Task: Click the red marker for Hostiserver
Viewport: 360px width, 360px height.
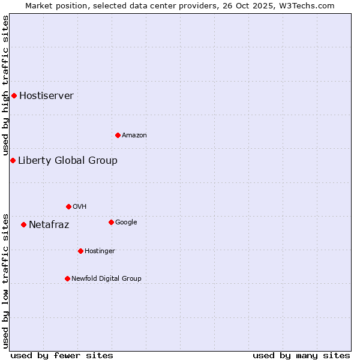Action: pyautogui.click(x=14, y=95)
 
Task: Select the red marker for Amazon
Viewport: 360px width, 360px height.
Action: pyautogui.click(x=118, y=135)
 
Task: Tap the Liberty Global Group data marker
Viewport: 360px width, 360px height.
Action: pyautogui.click(x=13, y=160)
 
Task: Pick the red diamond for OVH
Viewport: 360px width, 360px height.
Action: pyautogui.click(x=68, y=206)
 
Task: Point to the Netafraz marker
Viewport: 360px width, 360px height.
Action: pyautogui.click(x=23, y=224)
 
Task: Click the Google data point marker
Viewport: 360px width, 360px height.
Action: pyautogui.click(x=111, y=222)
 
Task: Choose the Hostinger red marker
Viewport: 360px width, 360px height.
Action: pyautogui.click(x=80, y=251)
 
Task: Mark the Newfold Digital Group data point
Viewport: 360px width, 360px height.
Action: pyautogui.click(x=67, y=278)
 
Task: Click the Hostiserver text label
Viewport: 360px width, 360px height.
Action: pyautogui.click(x=46, y=96)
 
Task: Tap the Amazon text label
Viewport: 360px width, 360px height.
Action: pyautogui.click(x=134, y=136)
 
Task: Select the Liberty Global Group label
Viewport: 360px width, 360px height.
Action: pyautogui.click(x=67, y=161)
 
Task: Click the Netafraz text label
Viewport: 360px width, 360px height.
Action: pyautogui.click(x=49, y=225)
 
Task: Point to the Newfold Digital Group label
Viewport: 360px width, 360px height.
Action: pyautogui.click(x=106, y=278)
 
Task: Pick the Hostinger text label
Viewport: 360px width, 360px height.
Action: pyautogui.click(x=100, y=251)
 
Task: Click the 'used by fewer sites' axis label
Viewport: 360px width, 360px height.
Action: pyautogui.click(x=62, y=355)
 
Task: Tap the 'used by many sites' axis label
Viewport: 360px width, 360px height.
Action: pyautogui.click(x=301, y=355)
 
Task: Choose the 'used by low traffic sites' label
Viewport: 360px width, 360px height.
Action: pyautogui.click(x=5, y=281)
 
